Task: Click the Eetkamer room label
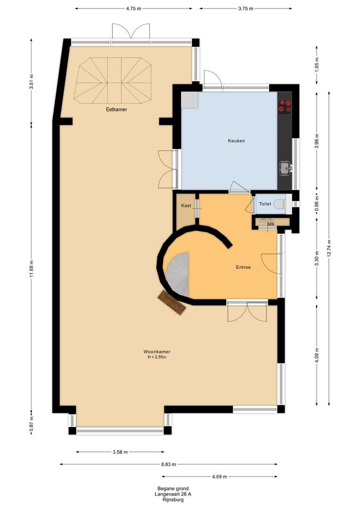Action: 116,109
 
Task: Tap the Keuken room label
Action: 237,141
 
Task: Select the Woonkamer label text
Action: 157,352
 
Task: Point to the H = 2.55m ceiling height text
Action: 157,357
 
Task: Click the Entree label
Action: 243,267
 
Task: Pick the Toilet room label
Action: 265,204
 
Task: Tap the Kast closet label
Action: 186,205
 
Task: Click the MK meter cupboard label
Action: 271,224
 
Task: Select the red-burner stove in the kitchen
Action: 285,106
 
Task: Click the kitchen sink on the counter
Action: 286,168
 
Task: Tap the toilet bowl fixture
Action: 280,204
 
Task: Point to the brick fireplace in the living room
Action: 172,303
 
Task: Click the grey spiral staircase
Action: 178,274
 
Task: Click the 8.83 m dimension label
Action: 169,464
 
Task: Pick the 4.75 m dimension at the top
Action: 133,8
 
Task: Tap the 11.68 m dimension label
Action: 32,269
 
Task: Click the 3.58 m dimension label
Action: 120,452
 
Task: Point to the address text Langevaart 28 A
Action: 173,494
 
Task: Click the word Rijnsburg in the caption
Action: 173,500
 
